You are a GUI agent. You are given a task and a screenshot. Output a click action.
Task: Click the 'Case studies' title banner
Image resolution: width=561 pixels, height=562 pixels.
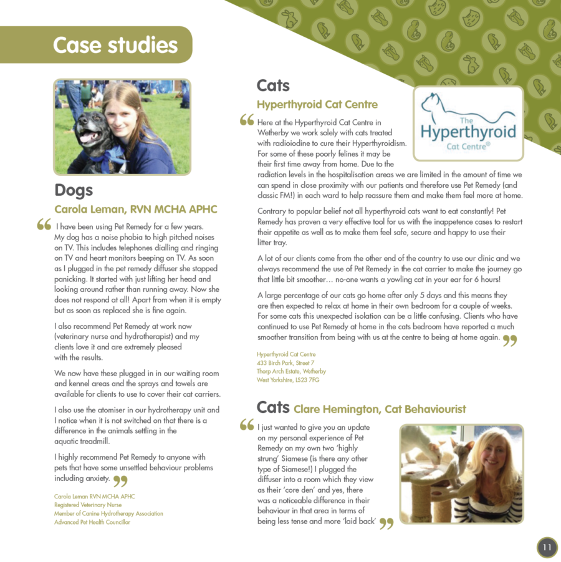click(115, 45)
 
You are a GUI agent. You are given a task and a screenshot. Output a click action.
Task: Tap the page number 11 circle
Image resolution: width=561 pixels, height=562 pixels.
click(547, 548)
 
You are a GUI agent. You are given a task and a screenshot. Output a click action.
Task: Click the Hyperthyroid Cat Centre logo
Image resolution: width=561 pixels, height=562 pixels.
click(468, 124)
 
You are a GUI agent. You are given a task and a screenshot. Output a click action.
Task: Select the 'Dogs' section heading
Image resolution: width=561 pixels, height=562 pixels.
click(74, 190)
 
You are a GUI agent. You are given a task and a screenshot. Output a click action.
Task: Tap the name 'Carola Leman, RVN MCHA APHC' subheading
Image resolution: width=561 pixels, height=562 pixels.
click(136, 209)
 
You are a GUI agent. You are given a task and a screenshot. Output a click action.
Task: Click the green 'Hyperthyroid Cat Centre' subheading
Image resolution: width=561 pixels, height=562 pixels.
click(317, 104)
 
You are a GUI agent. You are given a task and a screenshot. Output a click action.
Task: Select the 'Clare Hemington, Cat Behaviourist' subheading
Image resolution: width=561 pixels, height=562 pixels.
click(380, 409)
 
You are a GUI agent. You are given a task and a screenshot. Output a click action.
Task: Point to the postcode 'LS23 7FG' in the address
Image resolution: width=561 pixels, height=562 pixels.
click(306, 379)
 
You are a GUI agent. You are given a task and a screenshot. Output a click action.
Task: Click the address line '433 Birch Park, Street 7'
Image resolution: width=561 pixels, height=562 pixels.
click(285, 362)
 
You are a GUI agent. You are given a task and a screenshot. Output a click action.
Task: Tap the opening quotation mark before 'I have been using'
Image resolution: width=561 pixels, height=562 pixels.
click(44, 225)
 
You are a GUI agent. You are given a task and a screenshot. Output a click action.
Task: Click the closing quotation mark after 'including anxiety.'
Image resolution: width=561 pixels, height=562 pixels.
click(120, 480)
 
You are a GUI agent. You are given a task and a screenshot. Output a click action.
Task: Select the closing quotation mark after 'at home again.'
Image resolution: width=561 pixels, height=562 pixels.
click(510, 340)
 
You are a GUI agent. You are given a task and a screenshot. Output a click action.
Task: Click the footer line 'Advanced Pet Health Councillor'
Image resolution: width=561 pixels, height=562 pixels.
click(92, 522)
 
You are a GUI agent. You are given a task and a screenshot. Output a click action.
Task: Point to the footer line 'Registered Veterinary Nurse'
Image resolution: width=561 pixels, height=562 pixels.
click(88, 505)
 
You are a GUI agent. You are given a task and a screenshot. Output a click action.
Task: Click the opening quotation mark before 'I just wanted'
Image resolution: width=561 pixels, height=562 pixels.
click(247, 425)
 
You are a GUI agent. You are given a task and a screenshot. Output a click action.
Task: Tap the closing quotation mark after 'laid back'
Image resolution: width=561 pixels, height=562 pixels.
click(386, 523)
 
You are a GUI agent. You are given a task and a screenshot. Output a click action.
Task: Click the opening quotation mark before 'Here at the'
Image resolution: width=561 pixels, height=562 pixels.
click(247, 120)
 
